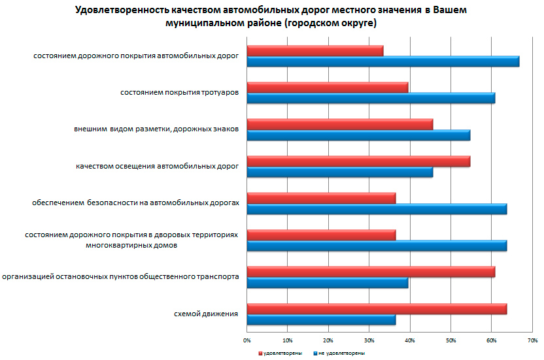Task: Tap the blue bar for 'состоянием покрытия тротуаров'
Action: tap(370, 99)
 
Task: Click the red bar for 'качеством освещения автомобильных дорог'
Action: tap(358, 161)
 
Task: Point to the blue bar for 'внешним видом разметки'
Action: tap(358, 135)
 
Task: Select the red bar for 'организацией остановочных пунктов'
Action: tap(370, 272)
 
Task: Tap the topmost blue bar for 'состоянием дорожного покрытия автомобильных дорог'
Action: tap(382, 61)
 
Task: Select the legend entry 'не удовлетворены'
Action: tap(340, 353)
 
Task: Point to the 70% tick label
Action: tap(533, 340)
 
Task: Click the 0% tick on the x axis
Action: tap(247, 340)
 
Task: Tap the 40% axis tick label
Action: tap(410, 340)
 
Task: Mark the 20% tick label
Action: tap(328, 340)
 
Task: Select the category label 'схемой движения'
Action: tap(206, 314)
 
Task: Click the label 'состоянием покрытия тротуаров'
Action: tap(179, 93)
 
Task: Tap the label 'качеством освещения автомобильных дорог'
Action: tap(157, 167)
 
